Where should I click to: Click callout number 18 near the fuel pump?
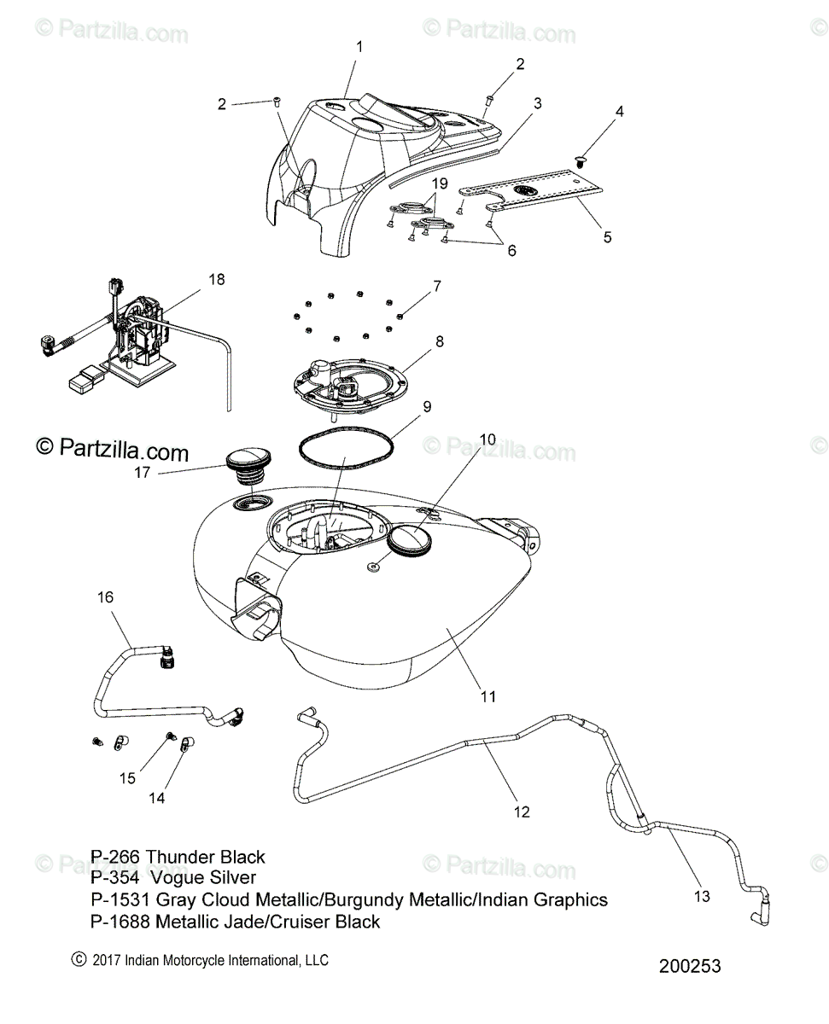click(217, 279)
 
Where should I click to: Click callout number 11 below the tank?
click(487, 696)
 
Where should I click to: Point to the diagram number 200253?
click(690, 966)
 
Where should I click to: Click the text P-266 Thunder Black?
click(178, 857)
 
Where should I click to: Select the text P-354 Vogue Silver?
click(173, 877)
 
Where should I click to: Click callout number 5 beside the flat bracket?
click(608, 237)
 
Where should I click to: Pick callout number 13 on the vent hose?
click(702, 896)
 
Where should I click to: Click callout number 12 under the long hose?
click(522, 812)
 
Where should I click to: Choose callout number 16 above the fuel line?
click(105, 596)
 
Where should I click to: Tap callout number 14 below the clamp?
click(157, 798)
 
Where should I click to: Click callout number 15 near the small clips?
click(127, 777)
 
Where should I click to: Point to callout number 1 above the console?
click(359, 47)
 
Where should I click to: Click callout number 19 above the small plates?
click(439, 183)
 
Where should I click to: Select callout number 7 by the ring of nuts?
click(436, 285)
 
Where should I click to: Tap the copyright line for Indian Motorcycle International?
click(201, 960)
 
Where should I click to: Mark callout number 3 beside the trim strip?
click(537, 103)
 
